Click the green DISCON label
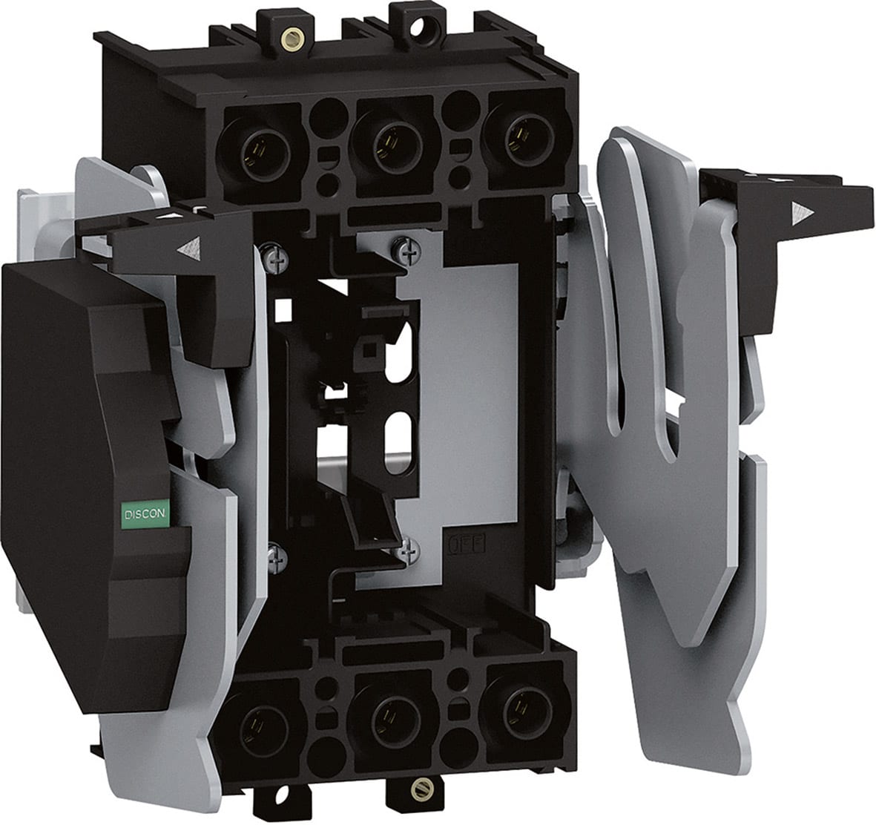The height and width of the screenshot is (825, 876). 145,513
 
